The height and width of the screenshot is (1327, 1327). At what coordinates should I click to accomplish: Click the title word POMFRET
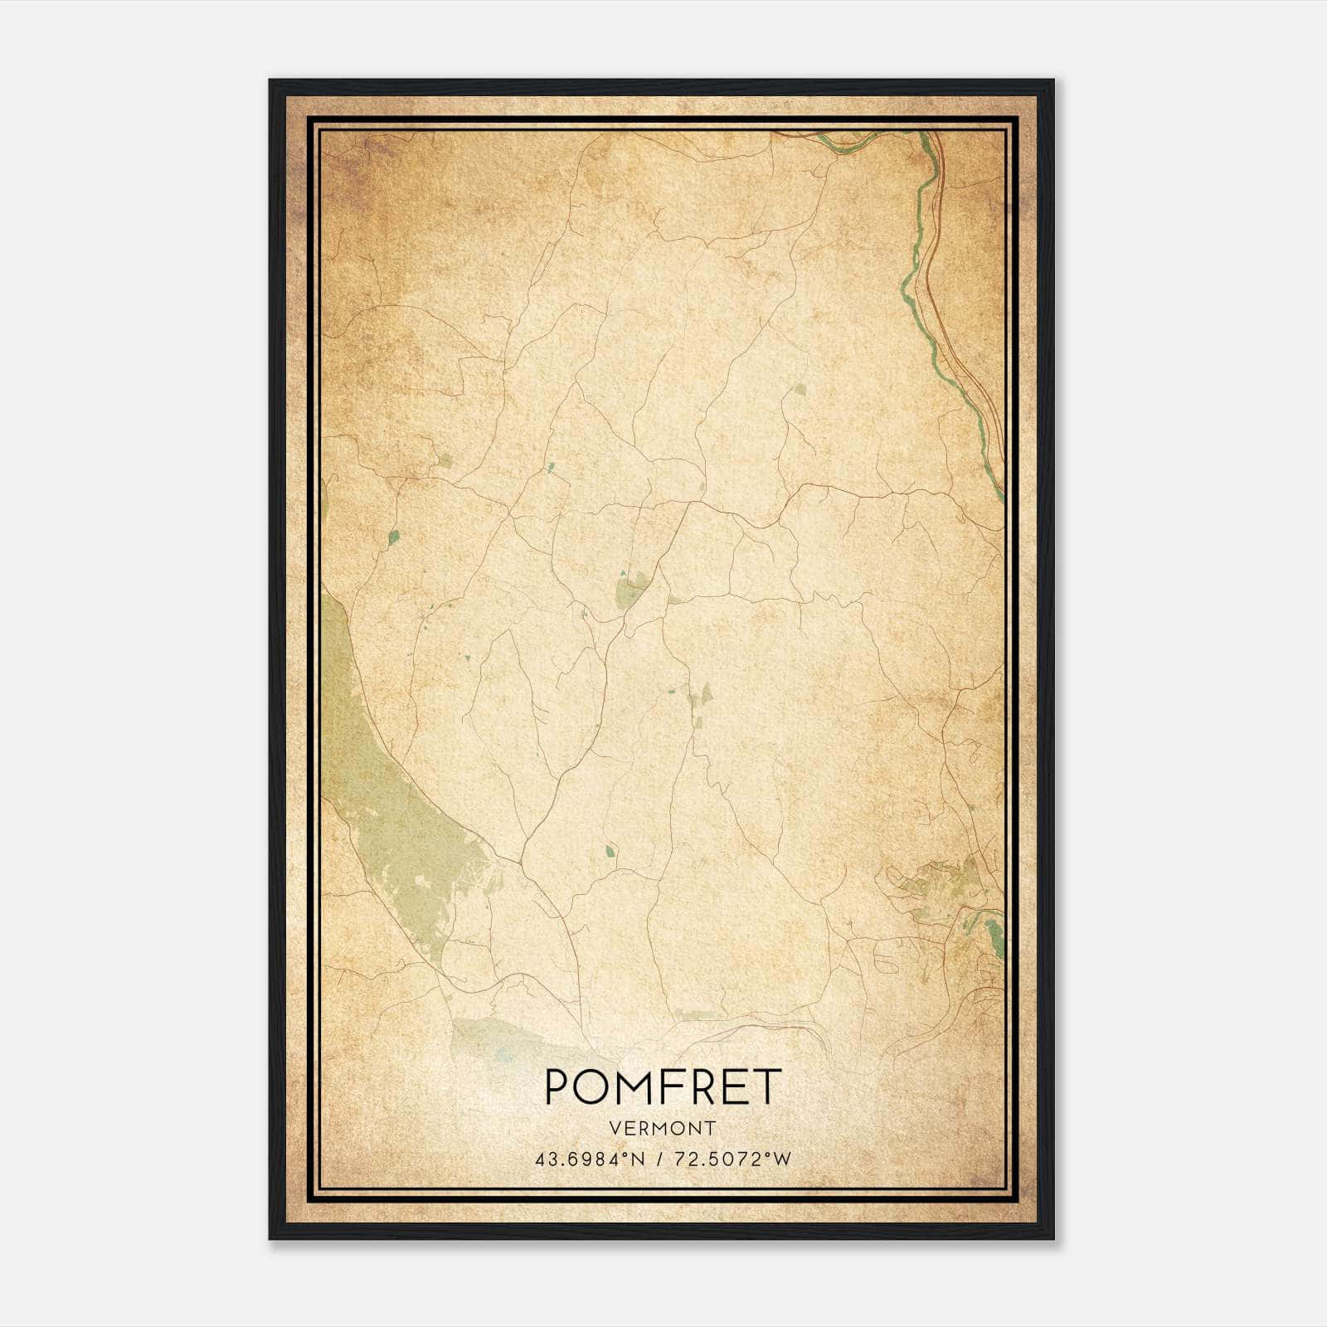(663, 1087)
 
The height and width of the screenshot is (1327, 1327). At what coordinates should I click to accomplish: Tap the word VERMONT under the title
(663, 1128)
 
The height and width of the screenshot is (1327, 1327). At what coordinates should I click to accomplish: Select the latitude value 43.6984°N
(586, 1159)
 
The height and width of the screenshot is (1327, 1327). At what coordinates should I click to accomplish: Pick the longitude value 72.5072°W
(732, 1159)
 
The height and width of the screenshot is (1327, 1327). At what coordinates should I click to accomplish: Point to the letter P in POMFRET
(558, 1087)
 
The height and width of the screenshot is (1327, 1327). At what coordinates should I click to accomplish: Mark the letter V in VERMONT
(615, 1128)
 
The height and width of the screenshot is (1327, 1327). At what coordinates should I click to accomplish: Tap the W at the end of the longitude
(784, 1159)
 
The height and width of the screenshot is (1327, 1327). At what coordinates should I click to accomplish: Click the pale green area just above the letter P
(498, 1037)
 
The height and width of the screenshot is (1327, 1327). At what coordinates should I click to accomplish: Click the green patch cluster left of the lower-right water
(937, 887)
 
